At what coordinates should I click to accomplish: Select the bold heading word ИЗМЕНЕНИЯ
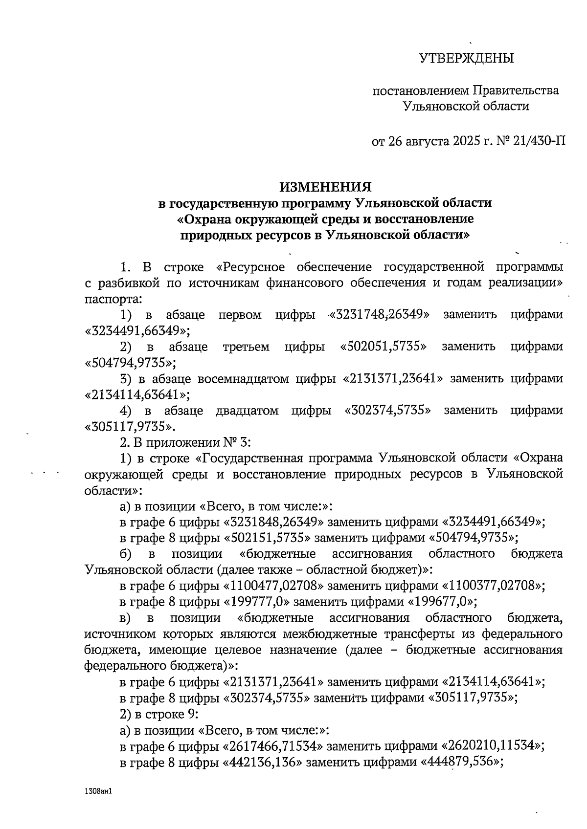325,187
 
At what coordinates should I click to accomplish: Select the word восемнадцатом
242,379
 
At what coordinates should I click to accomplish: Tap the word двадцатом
247,411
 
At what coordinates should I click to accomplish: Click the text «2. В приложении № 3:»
185,442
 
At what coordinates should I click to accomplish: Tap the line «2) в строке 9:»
159,714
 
